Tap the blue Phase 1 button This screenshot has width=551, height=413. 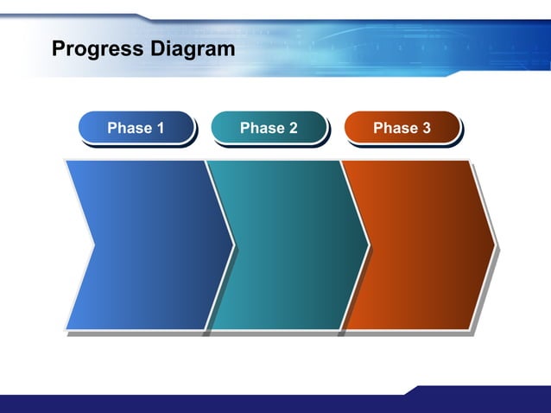(x=136, y=128)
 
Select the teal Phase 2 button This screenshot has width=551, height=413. (x=269, y=128)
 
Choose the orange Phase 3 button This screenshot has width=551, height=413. (x=402, y=128)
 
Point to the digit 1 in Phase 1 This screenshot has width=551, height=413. (x=160, y=128)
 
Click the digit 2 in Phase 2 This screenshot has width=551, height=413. (x=293, y=128)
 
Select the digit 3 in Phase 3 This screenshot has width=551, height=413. (x=426, y=128)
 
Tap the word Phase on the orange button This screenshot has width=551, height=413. (x=393, y=128)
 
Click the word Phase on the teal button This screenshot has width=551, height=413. (x=260, y=128)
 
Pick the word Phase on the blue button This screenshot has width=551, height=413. (x=127, y=128)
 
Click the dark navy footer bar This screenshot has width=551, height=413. (x=216, y=404)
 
